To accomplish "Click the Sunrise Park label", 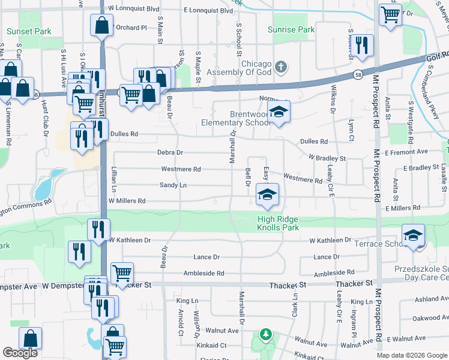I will [291, 29].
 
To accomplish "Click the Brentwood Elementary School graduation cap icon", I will [279, 112].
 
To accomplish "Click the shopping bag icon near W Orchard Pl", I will [101, 26].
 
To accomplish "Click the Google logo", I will [20, 353].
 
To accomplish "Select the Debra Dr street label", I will [170, 153].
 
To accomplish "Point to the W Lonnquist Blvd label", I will [133, 10].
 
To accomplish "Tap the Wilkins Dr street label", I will [331, 100].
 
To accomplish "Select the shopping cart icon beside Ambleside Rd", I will [122, 272].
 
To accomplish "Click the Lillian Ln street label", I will [112, 179].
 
